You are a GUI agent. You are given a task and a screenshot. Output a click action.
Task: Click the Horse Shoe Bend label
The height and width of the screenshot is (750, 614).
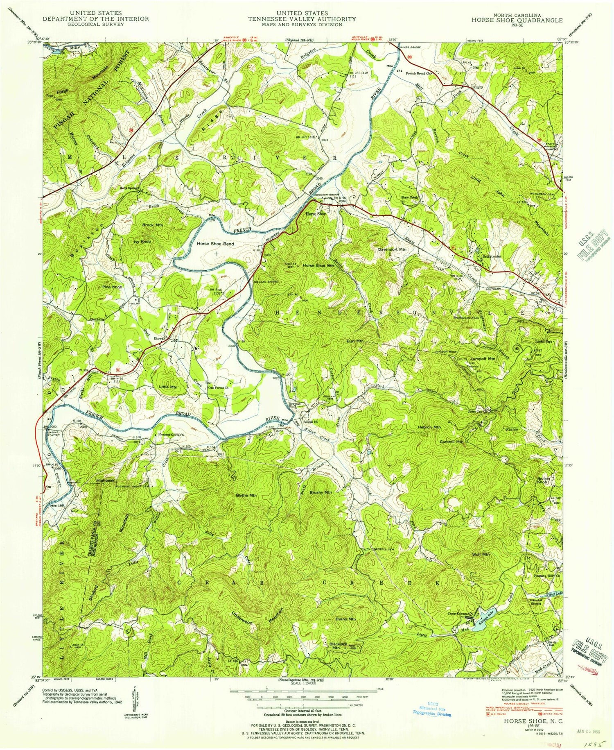pyautogui.click(x=215, y=244)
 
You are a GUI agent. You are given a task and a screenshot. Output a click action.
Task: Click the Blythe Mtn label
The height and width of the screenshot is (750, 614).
pyautogui.click(x=246, y=495)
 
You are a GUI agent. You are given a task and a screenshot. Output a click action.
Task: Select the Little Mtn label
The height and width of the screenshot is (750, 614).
pyautogui.click(x=168, y=387)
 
